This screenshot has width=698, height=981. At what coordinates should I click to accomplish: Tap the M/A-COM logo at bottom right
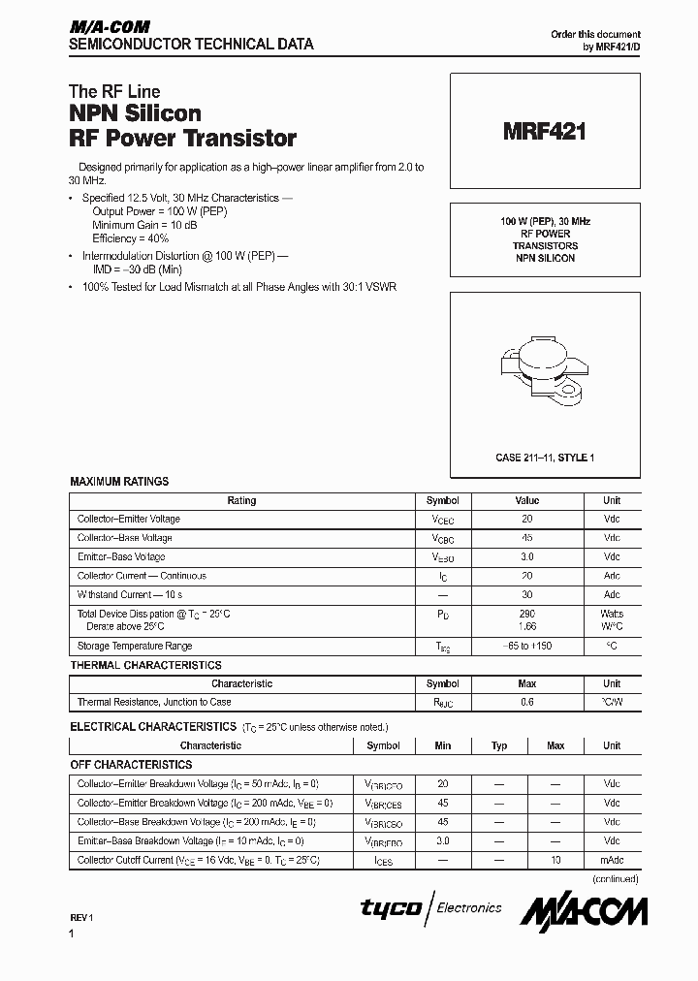click(584, 910)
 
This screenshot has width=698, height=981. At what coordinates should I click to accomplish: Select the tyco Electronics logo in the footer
click(431, 908)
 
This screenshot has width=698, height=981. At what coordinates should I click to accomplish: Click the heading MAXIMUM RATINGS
click(119, 481)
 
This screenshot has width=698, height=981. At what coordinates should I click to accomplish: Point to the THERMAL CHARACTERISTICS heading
click(145, 665)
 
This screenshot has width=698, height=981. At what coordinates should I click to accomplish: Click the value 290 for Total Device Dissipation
click(526, 614)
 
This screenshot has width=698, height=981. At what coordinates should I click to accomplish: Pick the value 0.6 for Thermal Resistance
click(526, 702)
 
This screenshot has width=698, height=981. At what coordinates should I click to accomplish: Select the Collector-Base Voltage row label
click(124, 538)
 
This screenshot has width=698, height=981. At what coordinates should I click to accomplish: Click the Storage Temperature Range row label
click(135, 646)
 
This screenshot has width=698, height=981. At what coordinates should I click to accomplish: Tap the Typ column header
click(499, 745)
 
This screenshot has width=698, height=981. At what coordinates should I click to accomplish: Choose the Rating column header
click(241, 501)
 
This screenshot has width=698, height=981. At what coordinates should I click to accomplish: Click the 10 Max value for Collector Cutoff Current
click(555, 860)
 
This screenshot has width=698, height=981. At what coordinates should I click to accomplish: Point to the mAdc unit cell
click(612, 860)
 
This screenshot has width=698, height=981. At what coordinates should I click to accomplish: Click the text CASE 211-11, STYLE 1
click(545, 457)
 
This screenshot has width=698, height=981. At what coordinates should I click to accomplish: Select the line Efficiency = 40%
click(131, 237)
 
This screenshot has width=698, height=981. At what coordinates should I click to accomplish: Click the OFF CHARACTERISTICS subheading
click(131, 765)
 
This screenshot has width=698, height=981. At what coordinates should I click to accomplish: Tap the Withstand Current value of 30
click(526, 594)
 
